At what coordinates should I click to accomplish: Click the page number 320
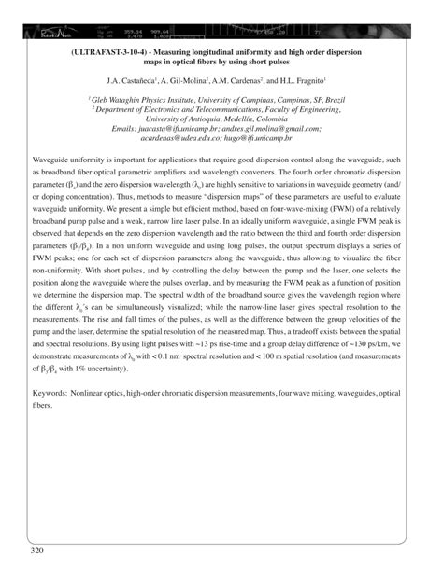coord(38,551)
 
